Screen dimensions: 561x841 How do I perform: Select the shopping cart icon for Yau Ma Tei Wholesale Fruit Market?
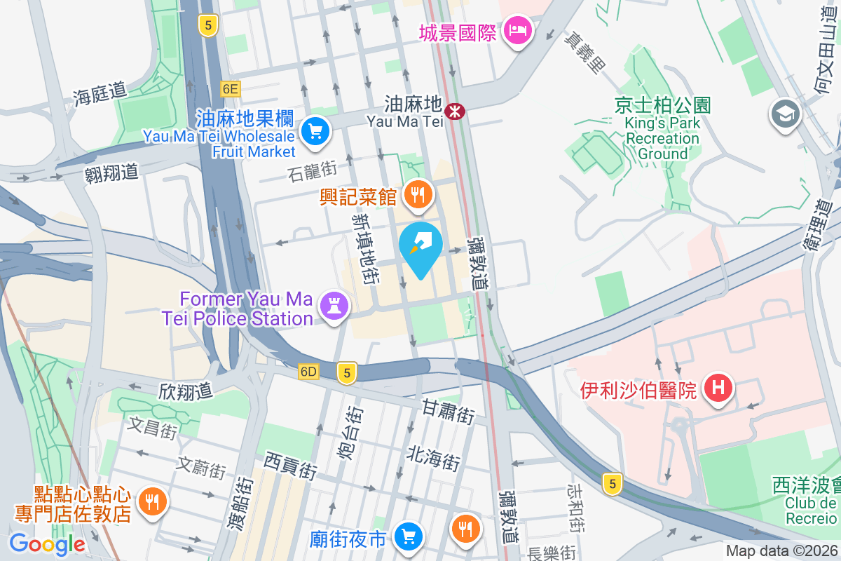pos(315,130)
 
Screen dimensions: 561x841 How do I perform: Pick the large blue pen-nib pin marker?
pos(420,248)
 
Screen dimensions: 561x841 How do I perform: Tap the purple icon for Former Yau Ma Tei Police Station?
pos(334,305)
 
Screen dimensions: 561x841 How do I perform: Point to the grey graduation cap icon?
pos(785,114)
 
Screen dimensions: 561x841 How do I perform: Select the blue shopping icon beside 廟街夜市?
pos(407,538)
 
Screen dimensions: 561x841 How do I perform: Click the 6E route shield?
pos(230,88)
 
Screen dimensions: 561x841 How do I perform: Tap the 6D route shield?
pos(308,372)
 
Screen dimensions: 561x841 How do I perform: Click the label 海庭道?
pos(100,91)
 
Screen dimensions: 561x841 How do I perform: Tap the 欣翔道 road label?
pos(185,391)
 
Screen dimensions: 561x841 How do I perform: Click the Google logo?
pos(47,543)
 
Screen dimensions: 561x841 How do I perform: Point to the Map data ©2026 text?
pos(781,551)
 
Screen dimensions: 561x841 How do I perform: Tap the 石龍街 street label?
pos(312,170)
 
